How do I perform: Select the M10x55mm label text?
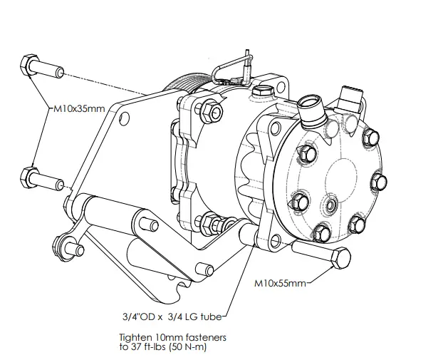pos(280,282)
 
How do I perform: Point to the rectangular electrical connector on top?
pos(352,96)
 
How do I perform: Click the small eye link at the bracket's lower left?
pos(68,247)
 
